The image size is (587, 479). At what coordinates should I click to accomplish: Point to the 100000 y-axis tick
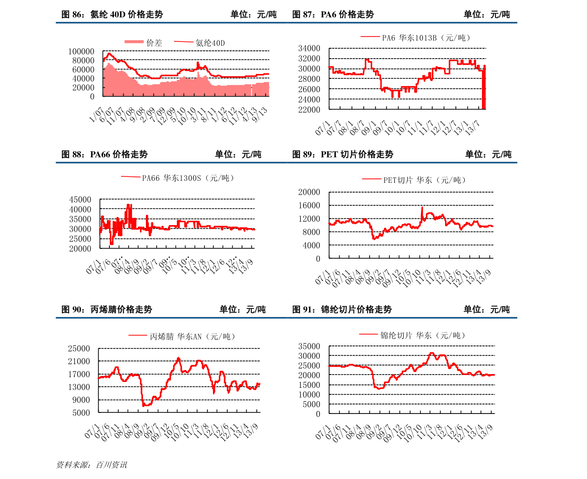81,51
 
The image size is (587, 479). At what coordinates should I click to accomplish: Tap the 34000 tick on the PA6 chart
310,48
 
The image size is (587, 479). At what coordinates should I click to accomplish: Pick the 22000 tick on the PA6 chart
310,109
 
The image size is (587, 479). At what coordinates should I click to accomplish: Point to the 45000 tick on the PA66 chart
80,200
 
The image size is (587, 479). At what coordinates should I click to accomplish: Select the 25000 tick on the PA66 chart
80,239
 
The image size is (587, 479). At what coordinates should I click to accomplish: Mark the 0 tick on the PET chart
317,258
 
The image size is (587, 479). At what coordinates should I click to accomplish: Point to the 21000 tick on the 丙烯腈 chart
80,361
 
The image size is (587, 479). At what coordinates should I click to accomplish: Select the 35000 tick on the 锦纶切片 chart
310,346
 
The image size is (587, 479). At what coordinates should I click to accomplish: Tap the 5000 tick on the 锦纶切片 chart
312,404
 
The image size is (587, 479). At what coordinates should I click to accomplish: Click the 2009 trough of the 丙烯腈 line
144,406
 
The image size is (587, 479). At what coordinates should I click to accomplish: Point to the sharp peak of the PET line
422,207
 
